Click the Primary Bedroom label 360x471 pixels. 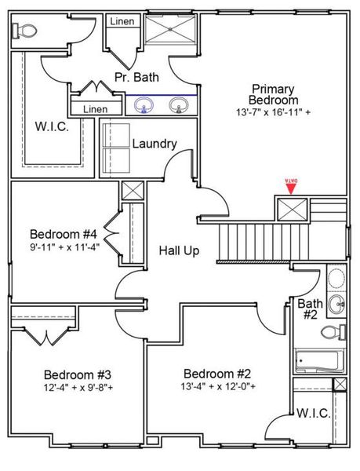[274, 94]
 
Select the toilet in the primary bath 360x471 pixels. [25, 31]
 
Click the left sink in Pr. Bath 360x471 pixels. [144, 104]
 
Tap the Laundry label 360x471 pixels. [154, 144]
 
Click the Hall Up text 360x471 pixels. [179, 250]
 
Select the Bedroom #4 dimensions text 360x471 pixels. [64, 248]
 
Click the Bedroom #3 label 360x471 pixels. [77, 374]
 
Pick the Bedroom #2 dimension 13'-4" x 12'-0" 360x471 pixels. [216, 386]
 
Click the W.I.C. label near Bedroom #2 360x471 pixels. [311, 413]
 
